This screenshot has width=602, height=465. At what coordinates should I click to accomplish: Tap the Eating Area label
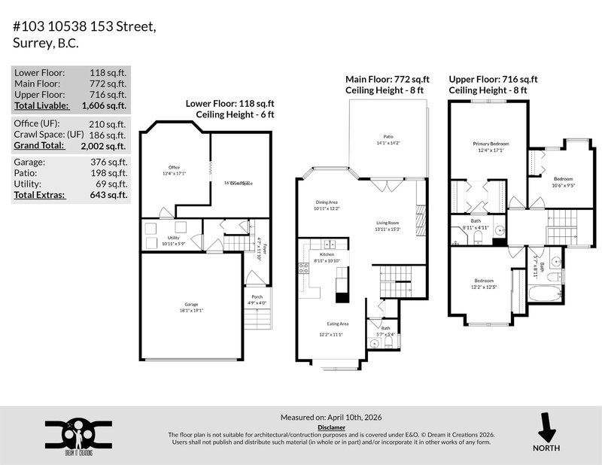[332, 324]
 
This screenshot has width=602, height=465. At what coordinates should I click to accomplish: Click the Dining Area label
[327, 202]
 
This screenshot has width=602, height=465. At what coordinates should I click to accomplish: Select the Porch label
[257, 296]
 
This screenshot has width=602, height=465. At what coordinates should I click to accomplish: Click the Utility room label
[174, 238]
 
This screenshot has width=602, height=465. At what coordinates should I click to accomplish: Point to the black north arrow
[546, 429]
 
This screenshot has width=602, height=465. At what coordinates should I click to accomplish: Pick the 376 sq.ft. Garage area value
[112, 162]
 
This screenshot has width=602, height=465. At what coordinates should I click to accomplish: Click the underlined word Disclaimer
[331, 427]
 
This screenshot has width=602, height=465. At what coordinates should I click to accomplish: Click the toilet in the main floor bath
[388, 342]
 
